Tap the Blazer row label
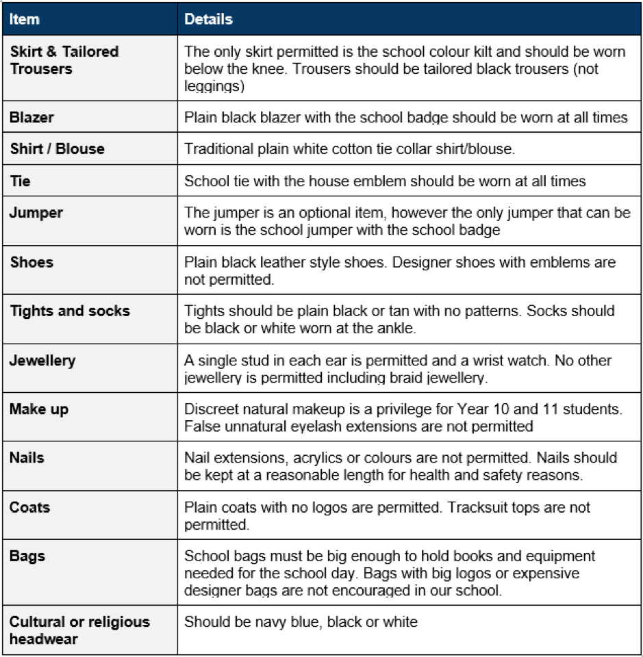[31, 117]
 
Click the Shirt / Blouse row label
[57, 149]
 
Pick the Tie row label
[20, 181]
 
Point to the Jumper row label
[36, 212]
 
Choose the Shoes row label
[31, 262]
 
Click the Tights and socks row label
[69, 311]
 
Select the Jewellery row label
[42, 360]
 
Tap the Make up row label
[39, 409]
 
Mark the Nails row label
[27, 457]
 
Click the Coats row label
[29, 507]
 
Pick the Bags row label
[26, 556]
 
